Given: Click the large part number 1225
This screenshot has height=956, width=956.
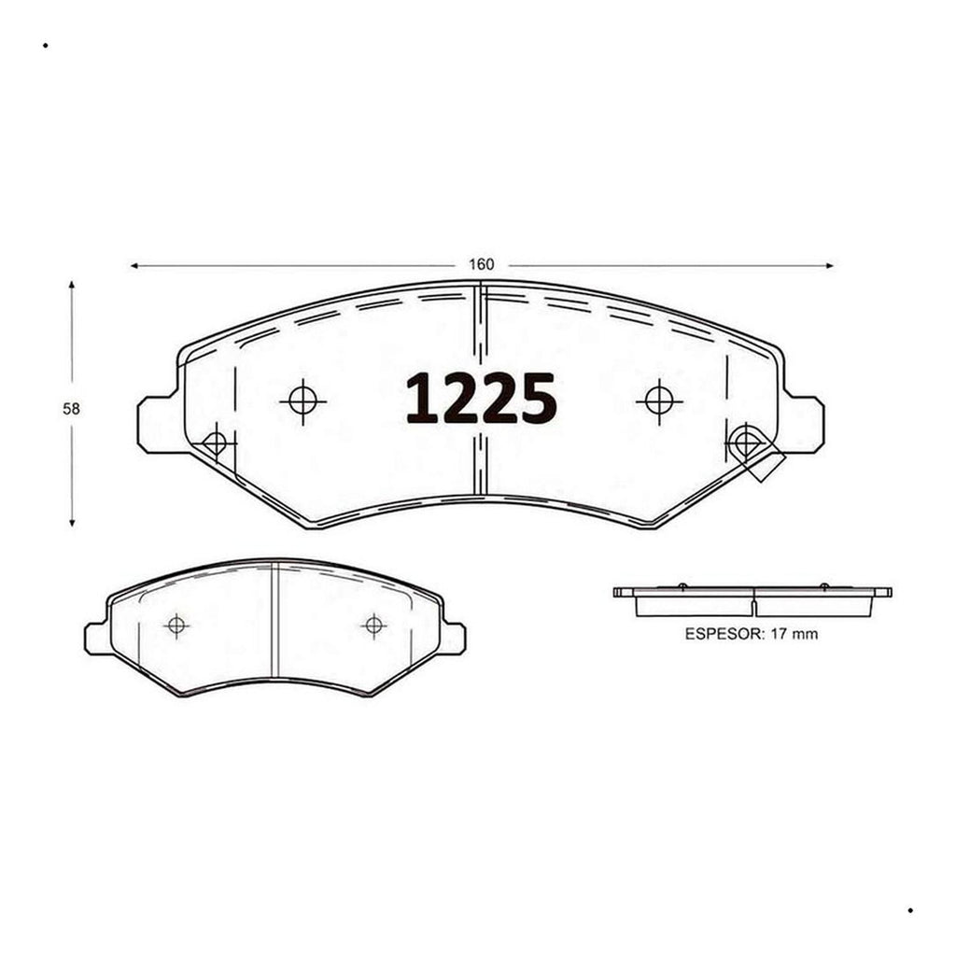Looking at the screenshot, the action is point(481,398).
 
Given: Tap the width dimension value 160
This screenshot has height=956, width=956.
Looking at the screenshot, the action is point(481,264).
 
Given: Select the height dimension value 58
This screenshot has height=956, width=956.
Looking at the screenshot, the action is point(71,409).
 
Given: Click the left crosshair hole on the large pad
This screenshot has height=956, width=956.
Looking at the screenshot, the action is point(303,401).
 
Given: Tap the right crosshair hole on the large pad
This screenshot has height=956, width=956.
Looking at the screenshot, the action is point(659,401).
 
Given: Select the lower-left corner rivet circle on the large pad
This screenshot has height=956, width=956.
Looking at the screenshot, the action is point(215,443).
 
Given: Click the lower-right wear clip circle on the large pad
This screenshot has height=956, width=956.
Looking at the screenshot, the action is point(744,442).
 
